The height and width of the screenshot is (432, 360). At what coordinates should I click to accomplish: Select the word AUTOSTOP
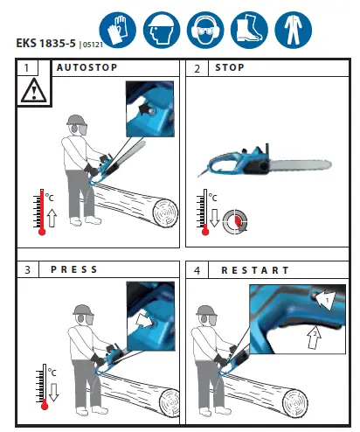(87, 67)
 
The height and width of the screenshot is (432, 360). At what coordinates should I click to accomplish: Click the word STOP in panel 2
(230, 67)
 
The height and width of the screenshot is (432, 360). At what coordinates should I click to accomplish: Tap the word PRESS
(77, 269)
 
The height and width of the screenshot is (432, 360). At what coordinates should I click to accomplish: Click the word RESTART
(255, 269)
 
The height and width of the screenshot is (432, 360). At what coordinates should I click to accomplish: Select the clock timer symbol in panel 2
(234, 221)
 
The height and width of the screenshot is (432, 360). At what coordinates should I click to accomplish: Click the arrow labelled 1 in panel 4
(322, 300)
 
